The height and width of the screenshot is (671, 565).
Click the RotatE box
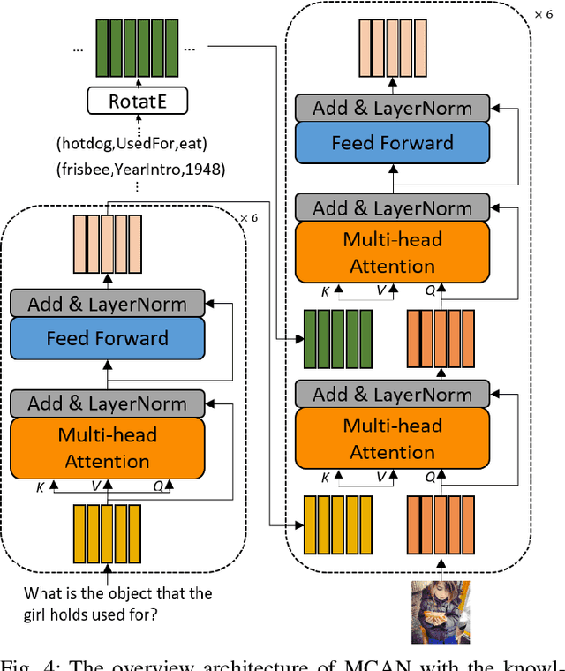tap(138, 102)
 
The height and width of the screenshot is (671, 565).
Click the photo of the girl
tap(440, 611)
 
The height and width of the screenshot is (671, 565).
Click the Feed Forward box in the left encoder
tap(108, 338)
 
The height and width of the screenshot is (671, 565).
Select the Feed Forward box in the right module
tap(392, 142)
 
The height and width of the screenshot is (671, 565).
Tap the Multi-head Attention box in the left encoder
tap(108, 448)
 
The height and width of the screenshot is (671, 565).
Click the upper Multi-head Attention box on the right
tap(392, 253)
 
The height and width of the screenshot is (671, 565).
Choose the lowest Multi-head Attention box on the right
tap(392, 439)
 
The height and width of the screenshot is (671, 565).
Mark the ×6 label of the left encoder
tap(249, 217)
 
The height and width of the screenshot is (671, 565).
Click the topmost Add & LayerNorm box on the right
tap(392, 109)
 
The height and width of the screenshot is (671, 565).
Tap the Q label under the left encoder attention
tap(157, 485)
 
